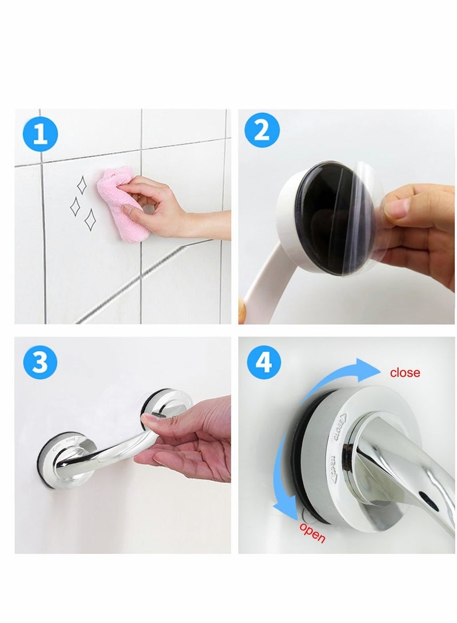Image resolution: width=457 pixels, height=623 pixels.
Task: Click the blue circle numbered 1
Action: (x=41, y=135)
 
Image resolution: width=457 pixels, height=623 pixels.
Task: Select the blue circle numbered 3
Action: (x=40, y=361)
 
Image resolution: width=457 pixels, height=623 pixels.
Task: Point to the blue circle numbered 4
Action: (x=264, y=361)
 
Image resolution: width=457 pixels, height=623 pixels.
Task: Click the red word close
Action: (x=404, y=373)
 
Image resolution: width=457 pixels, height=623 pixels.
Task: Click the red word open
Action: (x=312, y=531)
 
